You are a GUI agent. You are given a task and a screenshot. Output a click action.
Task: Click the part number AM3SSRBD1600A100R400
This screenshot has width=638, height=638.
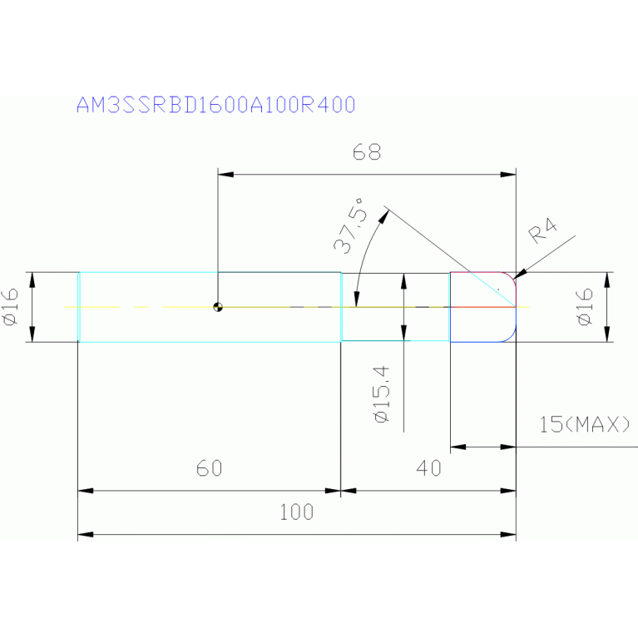(215, 105)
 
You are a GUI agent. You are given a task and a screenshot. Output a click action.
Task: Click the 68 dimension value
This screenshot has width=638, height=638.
(367, 152)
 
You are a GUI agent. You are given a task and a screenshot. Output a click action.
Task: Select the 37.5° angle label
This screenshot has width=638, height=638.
(349, 225)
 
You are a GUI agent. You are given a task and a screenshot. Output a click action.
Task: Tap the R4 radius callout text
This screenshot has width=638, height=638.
(542, 230)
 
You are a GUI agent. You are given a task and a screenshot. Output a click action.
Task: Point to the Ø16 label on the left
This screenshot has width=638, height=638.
(11, 306)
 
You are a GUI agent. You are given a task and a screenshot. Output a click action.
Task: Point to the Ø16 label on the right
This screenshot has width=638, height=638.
(585, 306)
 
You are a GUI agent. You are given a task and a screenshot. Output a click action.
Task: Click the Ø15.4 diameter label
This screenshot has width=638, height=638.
(382, 394)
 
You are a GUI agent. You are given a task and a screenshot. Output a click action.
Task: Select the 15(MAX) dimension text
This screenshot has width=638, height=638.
(584, 424)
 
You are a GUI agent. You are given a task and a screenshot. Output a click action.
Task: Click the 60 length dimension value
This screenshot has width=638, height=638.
(209, 468)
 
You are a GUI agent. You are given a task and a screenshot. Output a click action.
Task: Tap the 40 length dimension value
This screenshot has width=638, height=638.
(429, 468)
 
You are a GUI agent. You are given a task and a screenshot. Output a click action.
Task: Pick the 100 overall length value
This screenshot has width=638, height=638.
(297, 512)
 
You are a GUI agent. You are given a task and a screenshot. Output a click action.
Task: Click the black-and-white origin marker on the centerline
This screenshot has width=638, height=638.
(218, 307)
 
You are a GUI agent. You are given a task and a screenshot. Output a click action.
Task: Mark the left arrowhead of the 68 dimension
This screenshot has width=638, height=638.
(225, 175)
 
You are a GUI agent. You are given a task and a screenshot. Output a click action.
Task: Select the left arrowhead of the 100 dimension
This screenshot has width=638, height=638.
(86, 534)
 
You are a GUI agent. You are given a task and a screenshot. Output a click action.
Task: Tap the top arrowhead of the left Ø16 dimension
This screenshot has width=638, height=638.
(33, 280)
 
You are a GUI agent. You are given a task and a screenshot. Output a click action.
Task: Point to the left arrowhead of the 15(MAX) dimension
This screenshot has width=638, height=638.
(458, 447)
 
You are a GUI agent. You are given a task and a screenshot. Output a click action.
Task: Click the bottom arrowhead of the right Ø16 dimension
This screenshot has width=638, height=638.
(607, 334)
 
